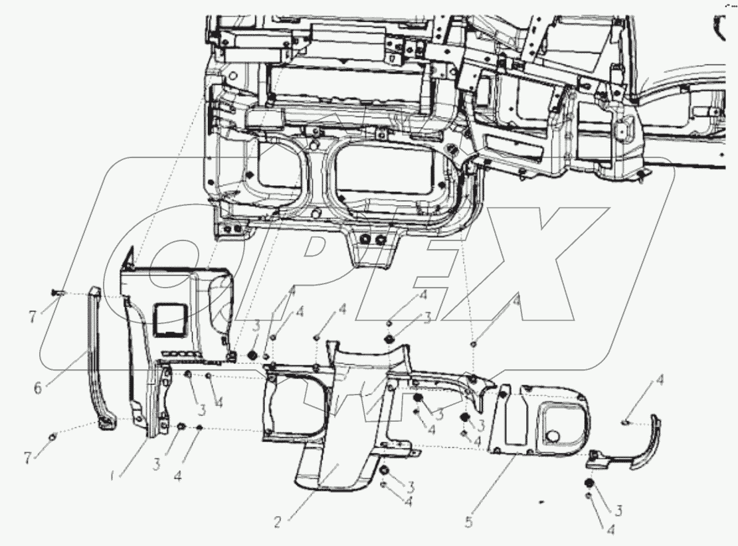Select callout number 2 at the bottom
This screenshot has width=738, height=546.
(277, 521)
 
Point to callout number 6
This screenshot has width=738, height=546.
(37, 387)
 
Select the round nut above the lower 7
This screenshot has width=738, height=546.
(53, 436)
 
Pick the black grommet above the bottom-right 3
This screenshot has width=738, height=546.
(588, 484)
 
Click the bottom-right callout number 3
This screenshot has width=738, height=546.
(618, 510)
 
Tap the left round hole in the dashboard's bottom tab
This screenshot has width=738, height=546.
(365, 238)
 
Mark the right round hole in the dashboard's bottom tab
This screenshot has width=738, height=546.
(381, 238)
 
